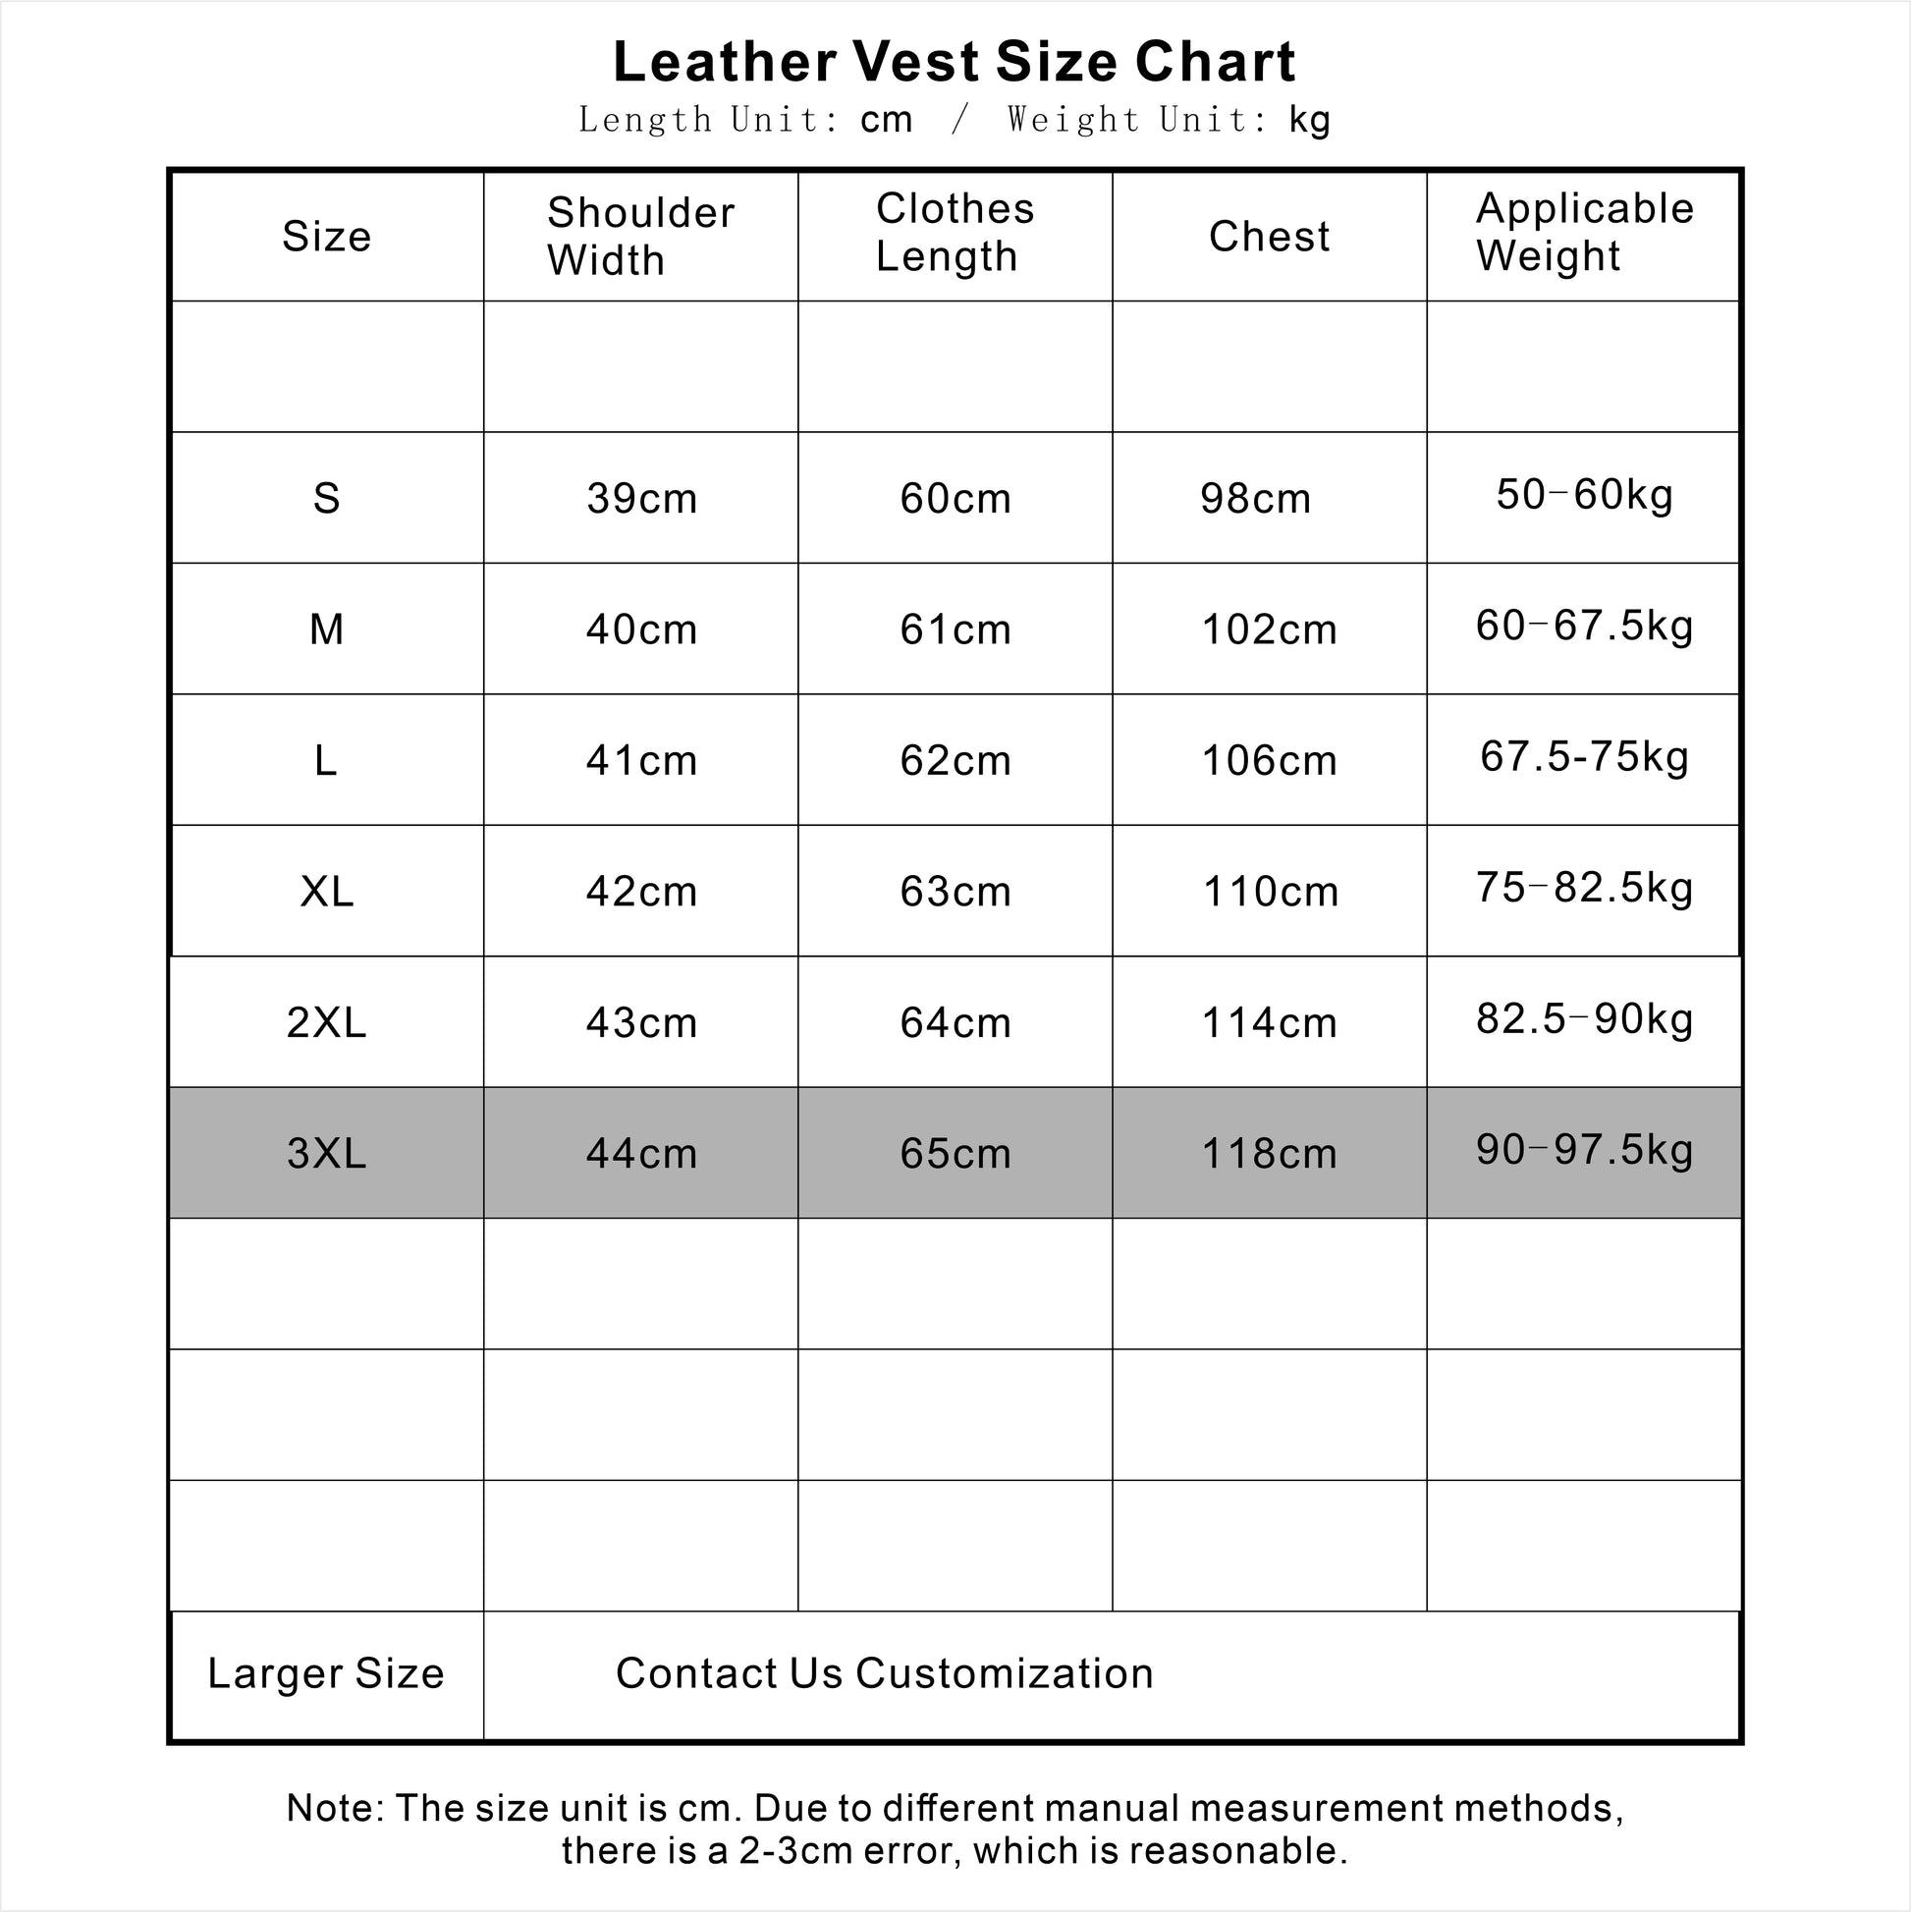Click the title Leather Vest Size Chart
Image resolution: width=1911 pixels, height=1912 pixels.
point(954,61)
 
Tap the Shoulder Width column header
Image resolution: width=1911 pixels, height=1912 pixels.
point(640,237)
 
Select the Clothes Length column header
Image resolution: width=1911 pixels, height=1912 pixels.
point(954,233)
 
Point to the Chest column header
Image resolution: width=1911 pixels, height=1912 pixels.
point(1269,237)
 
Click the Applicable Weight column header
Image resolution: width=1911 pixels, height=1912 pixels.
point(1583,233)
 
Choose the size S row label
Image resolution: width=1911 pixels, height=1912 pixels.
point(327,498)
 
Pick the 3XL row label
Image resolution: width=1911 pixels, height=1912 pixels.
point(327,1153)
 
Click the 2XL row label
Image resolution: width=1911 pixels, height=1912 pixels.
point(327,1022)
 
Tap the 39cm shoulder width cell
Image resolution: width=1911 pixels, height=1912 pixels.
point(641,498)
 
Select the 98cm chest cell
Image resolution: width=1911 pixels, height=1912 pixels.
point(1255,498)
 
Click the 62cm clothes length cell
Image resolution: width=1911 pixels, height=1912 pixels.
point(955,760)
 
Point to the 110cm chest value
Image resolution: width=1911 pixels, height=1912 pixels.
point(1270,892)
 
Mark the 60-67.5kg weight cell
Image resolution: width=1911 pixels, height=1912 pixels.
point(1583,626)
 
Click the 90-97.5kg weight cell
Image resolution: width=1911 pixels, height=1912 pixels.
point(1583,1150)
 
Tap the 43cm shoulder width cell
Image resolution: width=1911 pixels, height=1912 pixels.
point(641,1022)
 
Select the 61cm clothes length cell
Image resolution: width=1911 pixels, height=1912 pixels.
point(955,629)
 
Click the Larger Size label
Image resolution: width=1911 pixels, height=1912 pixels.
point(326,1673)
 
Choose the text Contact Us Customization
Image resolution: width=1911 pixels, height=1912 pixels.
point(884,1673)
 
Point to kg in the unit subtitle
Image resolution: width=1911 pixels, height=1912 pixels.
point(1309,120)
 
